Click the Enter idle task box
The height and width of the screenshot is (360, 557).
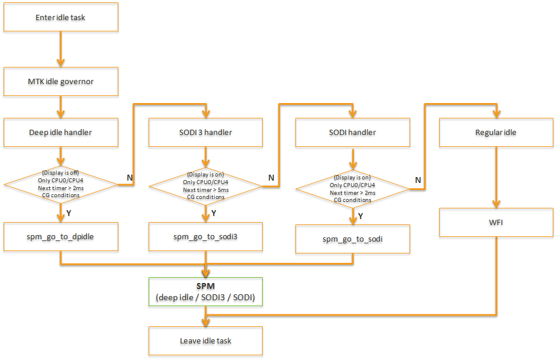point(61,17)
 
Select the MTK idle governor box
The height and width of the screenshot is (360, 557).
point(61,81)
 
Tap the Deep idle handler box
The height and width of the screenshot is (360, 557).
point(61,133)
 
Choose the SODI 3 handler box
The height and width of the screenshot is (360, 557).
point(205,133)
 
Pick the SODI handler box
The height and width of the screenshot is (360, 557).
point(352,133)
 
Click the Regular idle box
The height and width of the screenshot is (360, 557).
point(496,133)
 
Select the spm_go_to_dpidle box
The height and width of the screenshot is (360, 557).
point(61,236)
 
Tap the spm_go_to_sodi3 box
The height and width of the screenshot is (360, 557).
point(205,236)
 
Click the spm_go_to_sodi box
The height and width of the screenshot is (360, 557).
point(352,239)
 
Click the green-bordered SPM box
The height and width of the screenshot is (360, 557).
point(205,291)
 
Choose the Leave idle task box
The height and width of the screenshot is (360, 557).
point(205,341)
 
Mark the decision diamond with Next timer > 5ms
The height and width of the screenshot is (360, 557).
point(205,186)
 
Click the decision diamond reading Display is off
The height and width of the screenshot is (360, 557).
point(61,184)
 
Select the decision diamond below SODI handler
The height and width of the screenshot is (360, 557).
point(352,189)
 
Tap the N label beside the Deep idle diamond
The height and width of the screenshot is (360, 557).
point(130,176)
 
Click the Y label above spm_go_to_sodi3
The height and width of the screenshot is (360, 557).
point(214,213)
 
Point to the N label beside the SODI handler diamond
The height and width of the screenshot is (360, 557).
point(418,180)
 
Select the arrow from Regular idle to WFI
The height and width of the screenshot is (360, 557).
point(496,178)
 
